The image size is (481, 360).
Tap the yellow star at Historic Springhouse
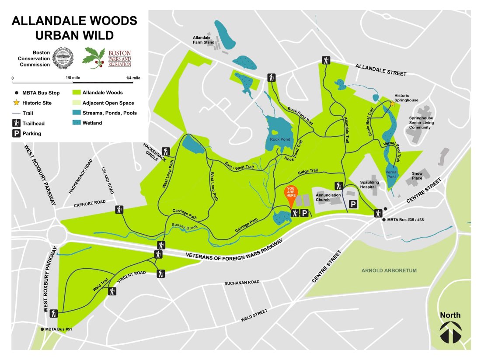pos(393,104)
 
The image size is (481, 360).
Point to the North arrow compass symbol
pos(450,332)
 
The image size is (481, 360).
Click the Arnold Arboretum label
pos(389,271)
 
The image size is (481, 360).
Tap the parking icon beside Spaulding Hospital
pos(353,204)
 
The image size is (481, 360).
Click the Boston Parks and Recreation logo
pos(107,58)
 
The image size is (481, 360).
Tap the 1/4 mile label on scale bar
pos(132,78)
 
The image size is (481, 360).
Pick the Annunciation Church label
pos(329,197)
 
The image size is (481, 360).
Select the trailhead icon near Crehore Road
pos(119,210)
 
